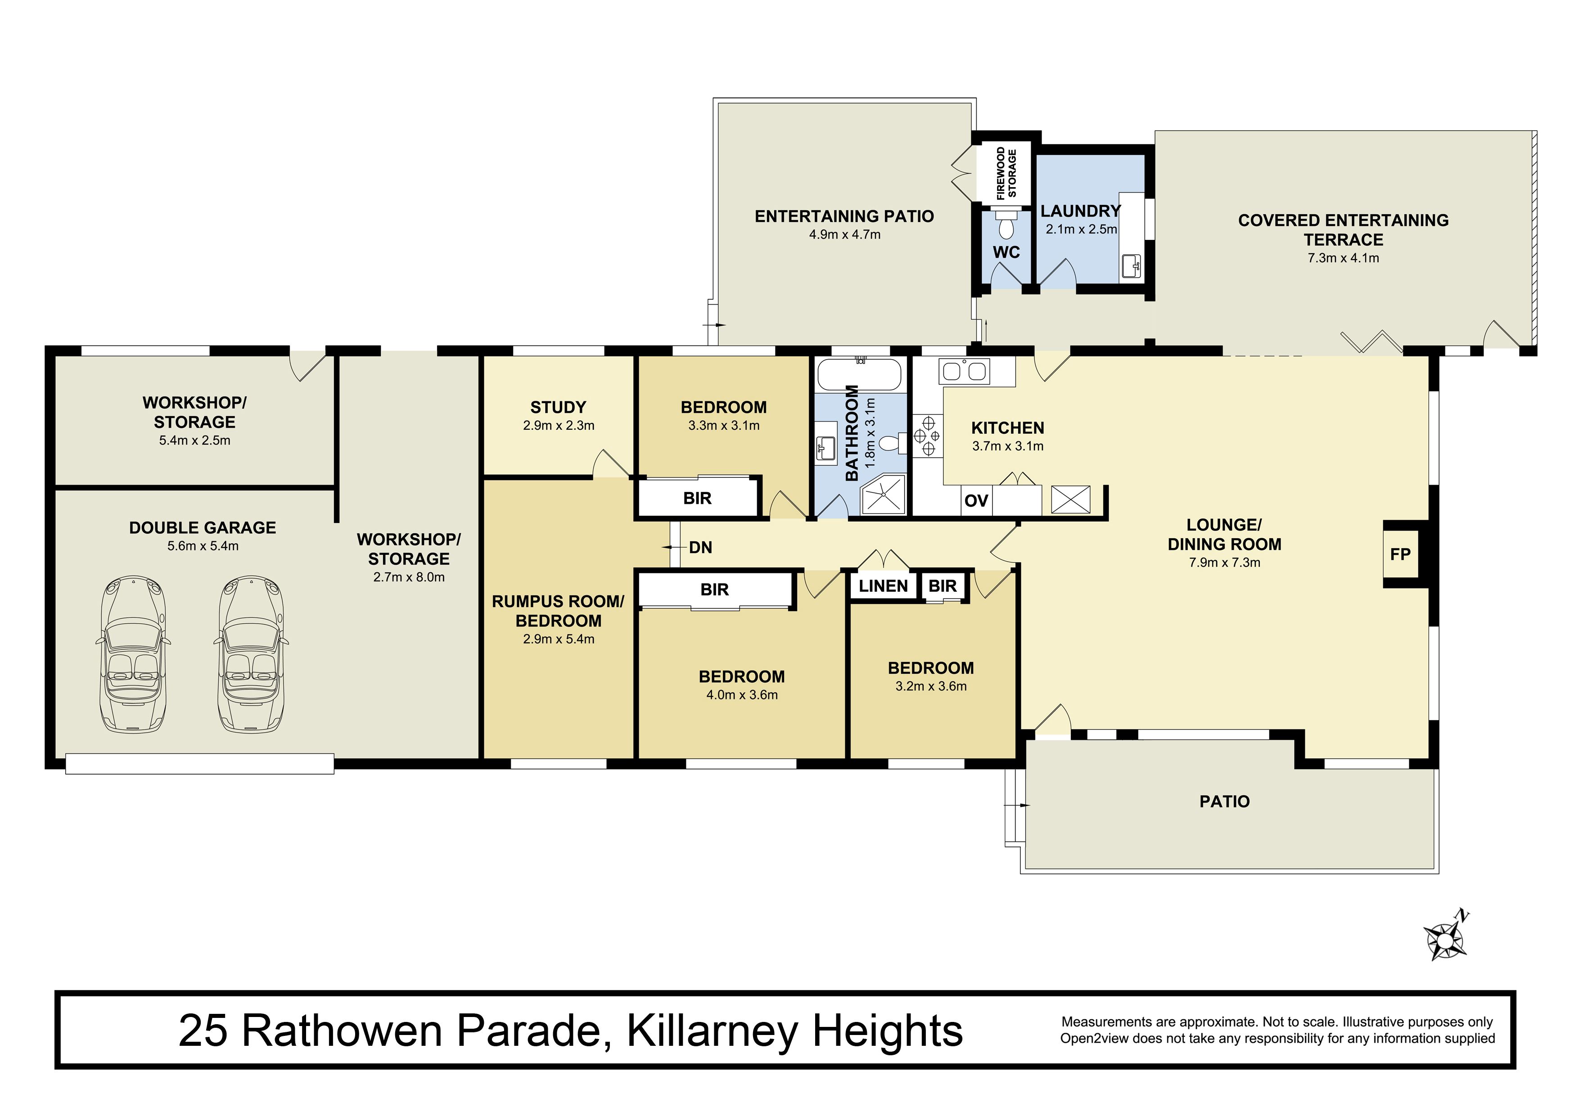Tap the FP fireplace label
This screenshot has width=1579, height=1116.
click(1400, 554)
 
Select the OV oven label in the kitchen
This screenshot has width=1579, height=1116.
click(976, 500)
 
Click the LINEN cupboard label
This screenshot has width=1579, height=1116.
click(883, 586)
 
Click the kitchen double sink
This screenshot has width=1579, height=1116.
click(964, 371)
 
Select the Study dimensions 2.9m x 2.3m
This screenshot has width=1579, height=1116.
click(559, 426)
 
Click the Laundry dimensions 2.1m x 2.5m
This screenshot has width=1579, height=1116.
click(1081, 229)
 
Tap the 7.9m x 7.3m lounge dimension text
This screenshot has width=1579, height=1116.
click(1224, 562)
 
